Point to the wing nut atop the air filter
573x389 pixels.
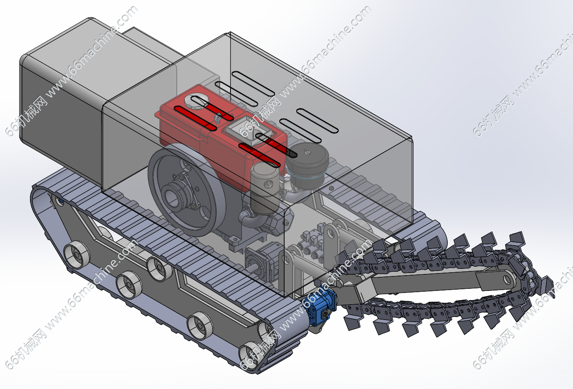point(306,152)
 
